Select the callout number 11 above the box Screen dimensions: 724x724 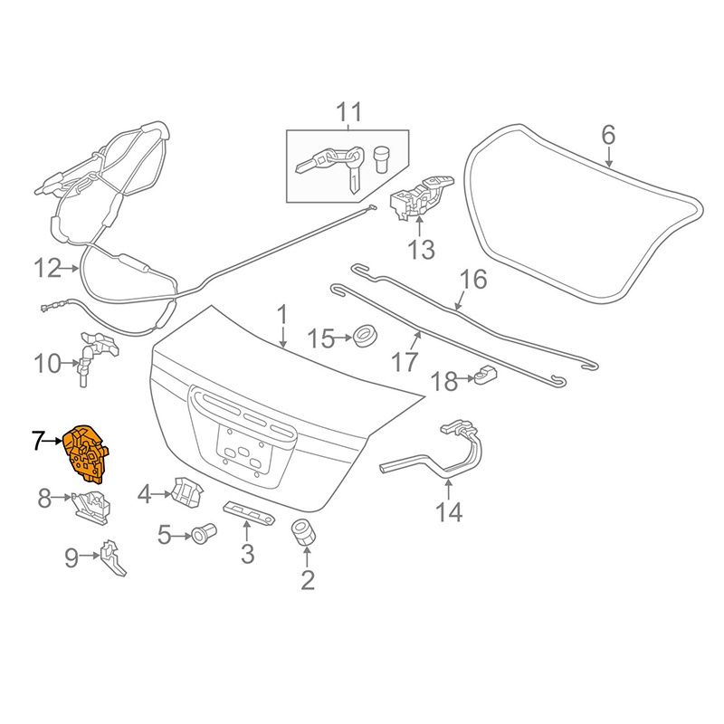[x=349, y=112]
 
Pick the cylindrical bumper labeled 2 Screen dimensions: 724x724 [x=303, y=532]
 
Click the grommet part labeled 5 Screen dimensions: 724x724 [x=204, y=533]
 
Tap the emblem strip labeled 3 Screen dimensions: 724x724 [x=250, y=512]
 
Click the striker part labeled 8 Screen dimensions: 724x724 [x=91, y=507]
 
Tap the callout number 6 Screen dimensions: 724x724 [x=608, y=135]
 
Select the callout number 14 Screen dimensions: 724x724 [x=449, y=511]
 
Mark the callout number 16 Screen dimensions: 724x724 [x=473, y=280]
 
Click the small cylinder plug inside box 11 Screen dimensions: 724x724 [x=381, y=159]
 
